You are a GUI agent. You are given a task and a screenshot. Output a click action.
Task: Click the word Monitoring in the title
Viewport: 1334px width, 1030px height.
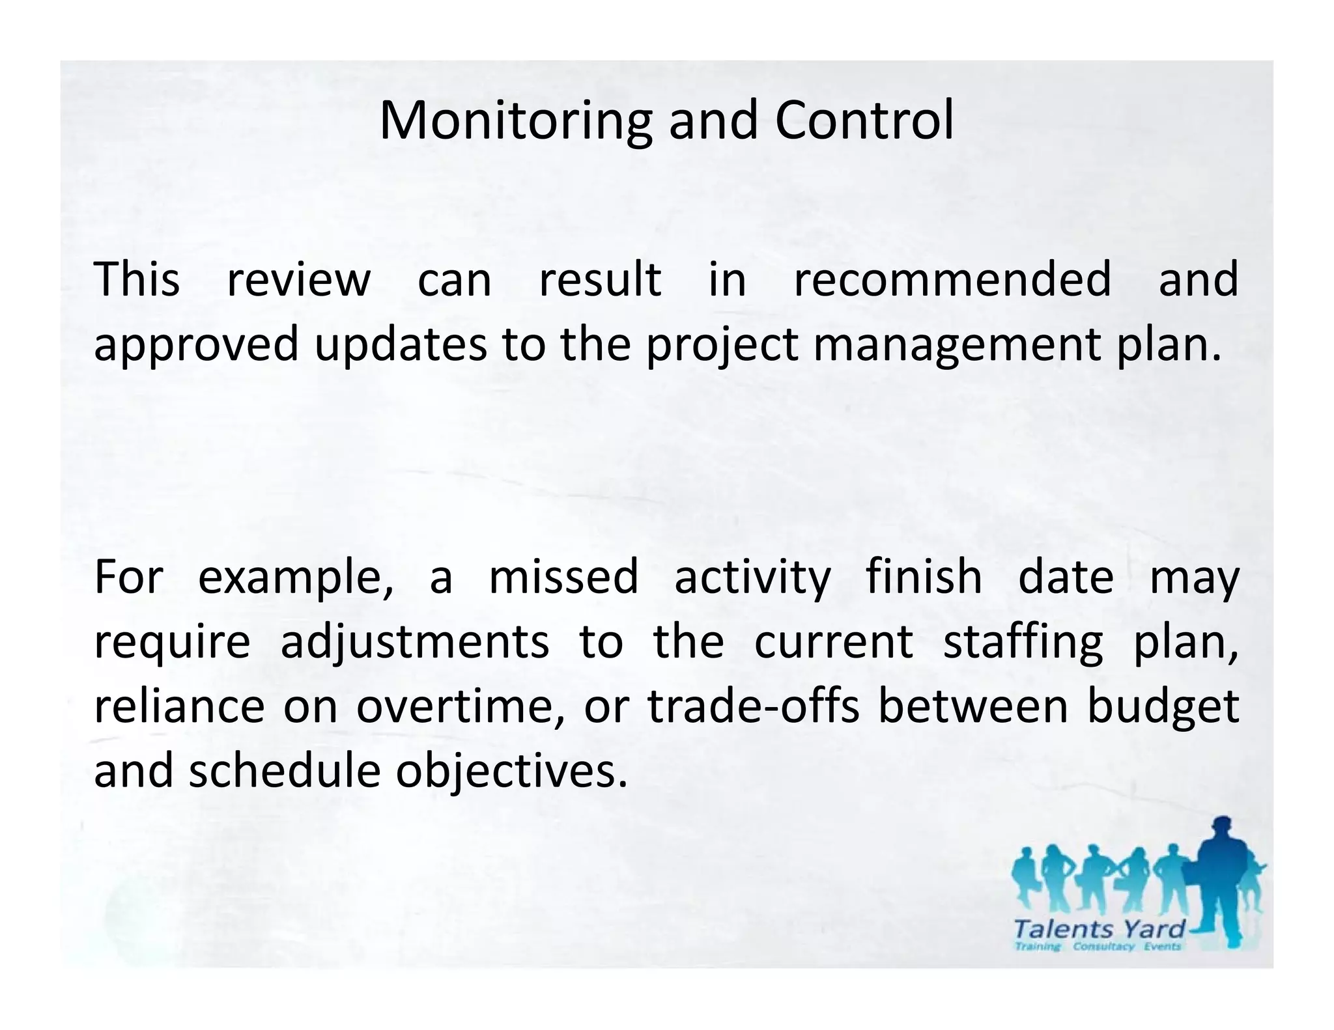pyautogui.click(x=515, y=122)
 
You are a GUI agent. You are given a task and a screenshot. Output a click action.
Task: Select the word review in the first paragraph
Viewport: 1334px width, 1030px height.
pyautogui.click(x=298, y=279)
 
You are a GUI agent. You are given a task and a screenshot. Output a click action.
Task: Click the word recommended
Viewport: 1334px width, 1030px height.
pyautogui.click(x=952, y=279)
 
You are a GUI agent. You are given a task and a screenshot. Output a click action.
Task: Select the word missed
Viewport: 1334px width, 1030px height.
pyautogui.click(x=563, y=578)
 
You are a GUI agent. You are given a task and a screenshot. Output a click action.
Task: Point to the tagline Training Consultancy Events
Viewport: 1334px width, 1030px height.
pyautogui.click(x=1098, y=947)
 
